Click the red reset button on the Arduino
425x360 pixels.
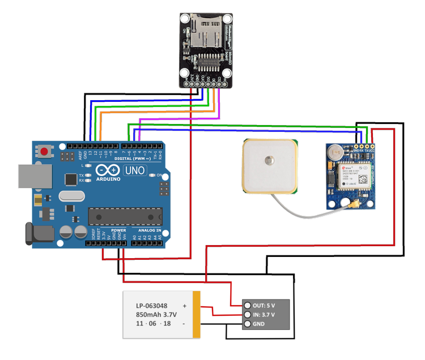pos(44,151)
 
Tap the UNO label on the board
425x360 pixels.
pos(135,170)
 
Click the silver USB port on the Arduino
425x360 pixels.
pos(33,176)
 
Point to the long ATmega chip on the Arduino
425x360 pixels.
pos(125,216)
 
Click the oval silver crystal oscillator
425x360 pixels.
pos(72,197)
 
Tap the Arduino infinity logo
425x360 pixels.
pos(108,169)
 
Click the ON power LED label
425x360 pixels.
pos(159,175)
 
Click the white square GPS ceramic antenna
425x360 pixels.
pos(269,165)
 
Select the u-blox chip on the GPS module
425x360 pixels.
pos(354,177)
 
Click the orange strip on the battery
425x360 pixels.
pos(197,315)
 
